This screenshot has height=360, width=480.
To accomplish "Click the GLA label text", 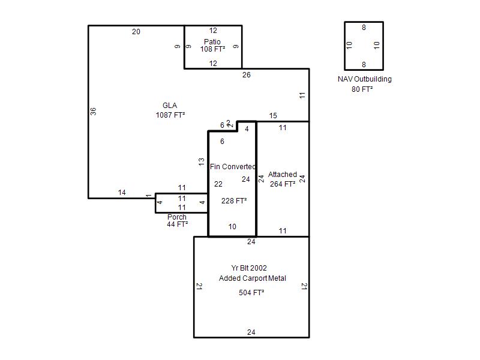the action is pos(170,106).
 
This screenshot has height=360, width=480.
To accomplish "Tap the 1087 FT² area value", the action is pos(170,115).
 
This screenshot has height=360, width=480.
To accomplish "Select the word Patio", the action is pos(212,41).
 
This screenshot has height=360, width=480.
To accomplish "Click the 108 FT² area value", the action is pos(212,49).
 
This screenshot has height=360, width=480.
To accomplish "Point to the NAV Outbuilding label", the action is pos(365,79).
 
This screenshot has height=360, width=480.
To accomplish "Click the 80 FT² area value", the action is pos(362,89).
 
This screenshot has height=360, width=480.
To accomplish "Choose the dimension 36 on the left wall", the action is pos(94,112).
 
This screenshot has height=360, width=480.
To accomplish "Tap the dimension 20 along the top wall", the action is pos(136,32).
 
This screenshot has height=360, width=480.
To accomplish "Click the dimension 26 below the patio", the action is pos(247,75).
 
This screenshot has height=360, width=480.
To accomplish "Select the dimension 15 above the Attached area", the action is pos(273,116).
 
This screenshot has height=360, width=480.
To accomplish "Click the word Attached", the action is pos(283,175).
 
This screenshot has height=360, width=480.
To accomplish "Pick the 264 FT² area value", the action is pos(283,184).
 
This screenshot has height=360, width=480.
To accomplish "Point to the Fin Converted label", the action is pos(233,167).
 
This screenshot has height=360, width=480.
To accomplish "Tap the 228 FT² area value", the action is pos(234,201).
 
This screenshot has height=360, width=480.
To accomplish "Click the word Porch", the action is pos(177,217).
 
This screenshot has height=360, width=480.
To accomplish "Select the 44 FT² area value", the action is pos(177,224).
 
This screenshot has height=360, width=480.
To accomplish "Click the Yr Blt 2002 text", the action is pos(249,268).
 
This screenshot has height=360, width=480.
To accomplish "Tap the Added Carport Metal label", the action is pos(253,278).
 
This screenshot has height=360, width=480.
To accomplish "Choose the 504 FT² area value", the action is pos(251,293).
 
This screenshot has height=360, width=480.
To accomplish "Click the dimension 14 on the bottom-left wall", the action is pos(122,193).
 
